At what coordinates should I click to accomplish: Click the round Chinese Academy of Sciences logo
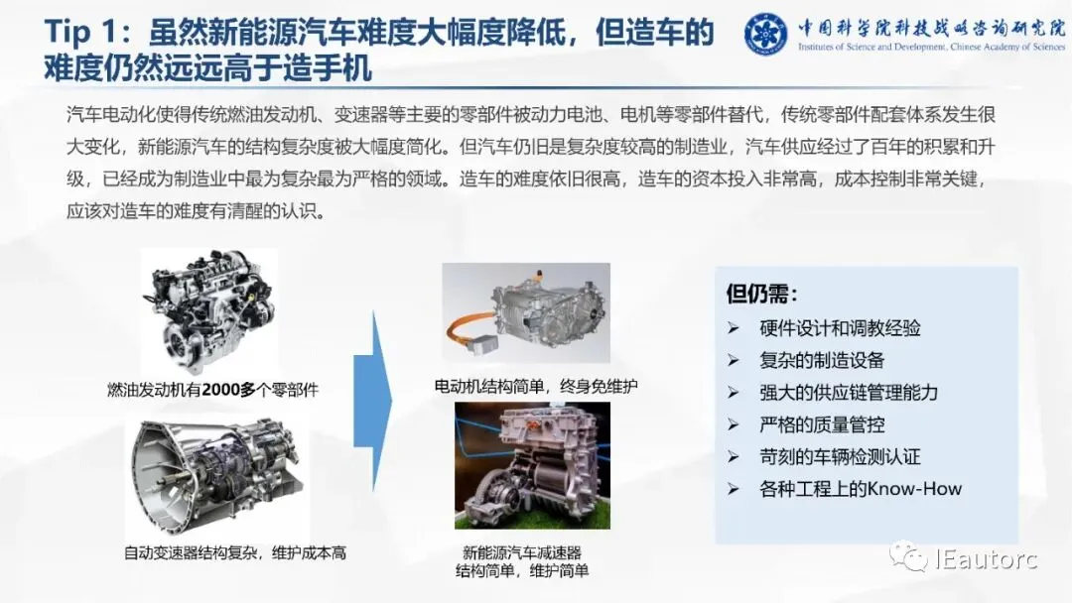pos(765,33)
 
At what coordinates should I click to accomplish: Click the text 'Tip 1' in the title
pos(75,32)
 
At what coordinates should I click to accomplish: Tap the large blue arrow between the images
pos(372,402)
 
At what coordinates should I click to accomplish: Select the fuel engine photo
pos(209,311)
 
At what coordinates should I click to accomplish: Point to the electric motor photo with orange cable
pos(526,312)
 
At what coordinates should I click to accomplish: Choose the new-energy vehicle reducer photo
pos(532,465)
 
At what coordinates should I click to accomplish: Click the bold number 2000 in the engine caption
pos(220,390)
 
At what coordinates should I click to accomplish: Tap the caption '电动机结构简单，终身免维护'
pos(535,387)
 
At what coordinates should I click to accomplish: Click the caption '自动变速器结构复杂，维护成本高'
pos(235,552)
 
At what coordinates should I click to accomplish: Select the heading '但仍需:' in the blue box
pos(761,294)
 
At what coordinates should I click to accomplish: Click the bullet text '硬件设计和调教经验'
pos(840,328)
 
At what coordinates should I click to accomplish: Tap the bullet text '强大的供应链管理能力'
pos(849,393)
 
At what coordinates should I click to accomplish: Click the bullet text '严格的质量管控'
pos(822,424)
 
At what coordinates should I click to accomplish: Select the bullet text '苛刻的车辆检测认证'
pos(840,457)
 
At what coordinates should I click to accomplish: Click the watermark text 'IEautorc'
pos(987,559)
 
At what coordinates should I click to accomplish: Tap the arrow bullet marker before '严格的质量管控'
pos(734,424)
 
